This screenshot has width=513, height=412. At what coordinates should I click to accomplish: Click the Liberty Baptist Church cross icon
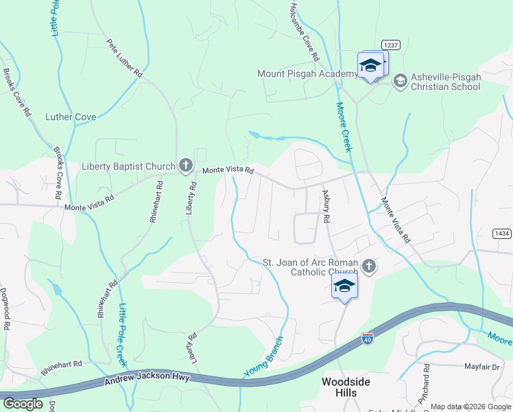click(184, 165)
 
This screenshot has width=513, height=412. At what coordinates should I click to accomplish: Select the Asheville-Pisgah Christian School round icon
click(400, 81)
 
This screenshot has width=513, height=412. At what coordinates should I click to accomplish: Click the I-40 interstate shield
click(368, 340)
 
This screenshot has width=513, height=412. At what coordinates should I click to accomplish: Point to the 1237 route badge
click(390, 45)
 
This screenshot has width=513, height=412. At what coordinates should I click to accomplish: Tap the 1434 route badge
click(502, 233)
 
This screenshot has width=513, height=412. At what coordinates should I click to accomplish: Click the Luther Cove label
click(71, 117)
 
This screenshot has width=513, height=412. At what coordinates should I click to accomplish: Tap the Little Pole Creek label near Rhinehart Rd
click(122, 326)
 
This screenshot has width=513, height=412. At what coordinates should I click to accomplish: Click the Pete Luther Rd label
click(124, 57)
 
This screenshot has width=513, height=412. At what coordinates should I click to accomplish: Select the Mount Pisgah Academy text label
click(307, 73)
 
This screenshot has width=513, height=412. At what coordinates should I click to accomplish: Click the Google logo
click(23, 404)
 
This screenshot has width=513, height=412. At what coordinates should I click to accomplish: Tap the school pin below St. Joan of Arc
click(345, 286)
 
